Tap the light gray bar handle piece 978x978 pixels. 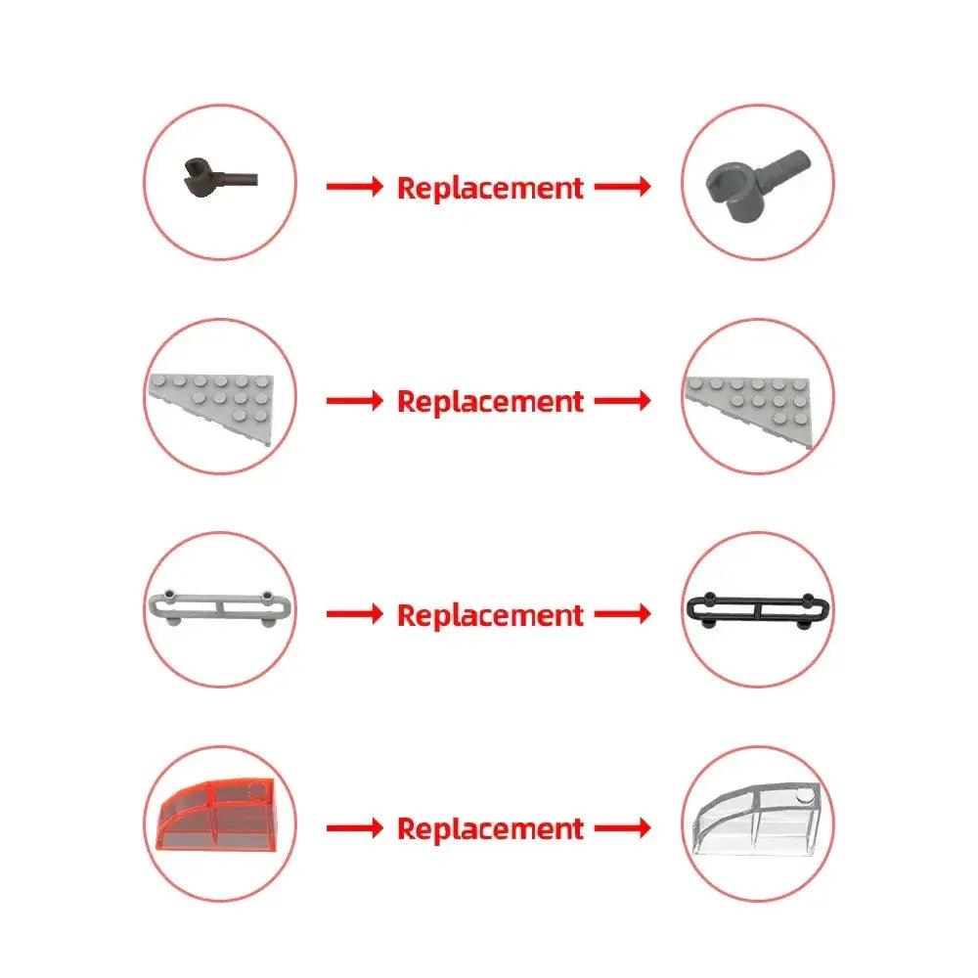click(219, 606)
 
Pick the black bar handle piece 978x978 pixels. click(758, 608)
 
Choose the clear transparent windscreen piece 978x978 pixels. click(757, 819)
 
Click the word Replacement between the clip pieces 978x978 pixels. click(490, 188)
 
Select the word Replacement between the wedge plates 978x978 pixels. click(490, 402)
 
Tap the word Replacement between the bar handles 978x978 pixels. click(490, 615)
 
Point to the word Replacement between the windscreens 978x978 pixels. click(490, 829)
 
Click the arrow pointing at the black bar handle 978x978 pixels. click(622, 614)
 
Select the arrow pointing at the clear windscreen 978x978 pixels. click(622, 828)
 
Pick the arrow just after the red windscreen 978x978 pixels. click(355, 828)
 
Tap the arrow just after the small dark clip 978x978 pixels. click(355, 186)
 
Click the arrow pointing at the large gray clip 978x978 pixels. click(622, 186)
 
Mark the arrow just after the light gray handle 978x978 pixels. click(355, 614)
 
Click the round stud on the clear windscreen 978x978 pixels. click(805, 794)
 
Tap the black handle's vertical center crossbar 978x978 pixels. click(757, 609)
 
